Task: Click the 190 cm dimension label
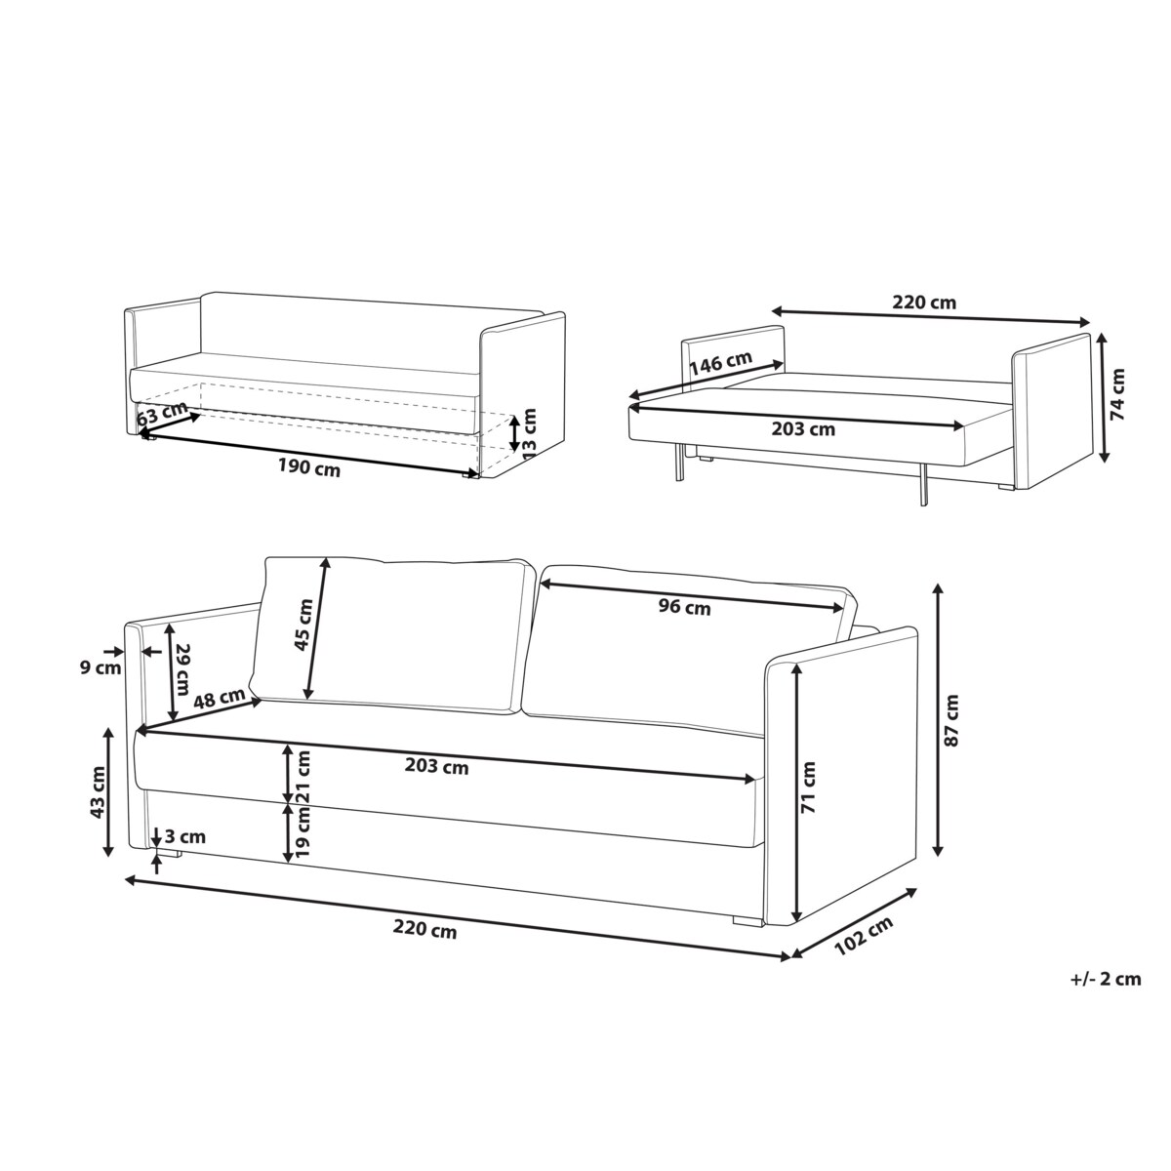pyautogui.click(x=309, y=468)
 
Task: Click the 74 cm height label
pyautogui.click(x=1117, y=394)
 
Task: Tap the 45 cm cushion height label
pyautogui.click(x=303, y=625)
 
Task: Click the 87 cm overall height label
pyautogui.click(x=951, y=721)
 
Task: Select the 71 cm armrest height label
pyautogui.click(x=809, y=787)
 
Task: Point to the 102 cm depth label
pyautogui.click(x=864, y=936)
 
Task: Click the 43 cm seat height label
pyautogui.click(x=98, y=791)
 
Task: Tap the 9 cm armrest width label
pyautogui.click(x=101, y=667)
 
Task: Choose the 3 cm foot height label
pyautogui.click(x=185, y=836)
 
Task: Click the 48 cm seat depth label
pyautogui.click(x=220, y=699)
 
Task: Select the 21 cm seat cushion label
pyautogui.click(x=302, y=777)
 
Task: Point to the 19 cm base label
pyautogui.click(x=302, y=830)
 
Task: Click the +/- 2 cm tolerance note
pyautogui.click(x=1106, y=979)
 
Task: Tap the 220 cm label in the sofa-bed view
pyautogui.click(x=924, y=302)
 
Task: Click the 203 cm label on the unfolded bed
pyautogui.click(x=803, y=429)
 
